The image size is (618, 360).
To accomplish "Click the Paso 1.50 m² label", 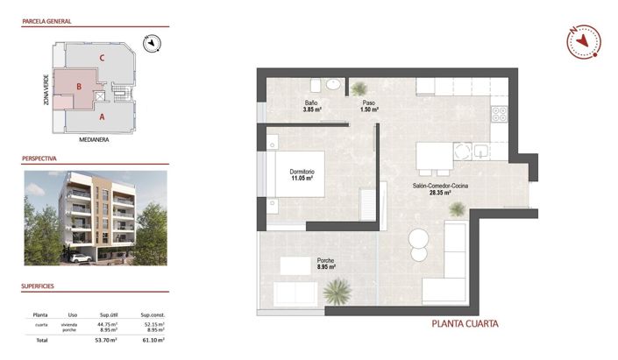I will point(369,106).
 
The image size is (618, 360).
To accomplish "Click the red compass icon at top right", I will point(581,40).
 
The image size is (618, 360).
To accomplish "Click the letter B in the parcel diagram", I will point(80,87).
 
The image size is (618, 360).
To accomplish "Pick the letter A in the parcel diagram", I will point(103,116).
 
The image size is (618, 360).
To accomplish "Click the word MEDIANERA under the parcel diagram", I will point(93,139).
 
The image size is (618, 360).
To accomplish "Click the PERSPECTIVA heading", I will point(40,160).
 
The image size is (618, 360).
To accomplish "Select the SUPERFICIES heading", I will point(39,286).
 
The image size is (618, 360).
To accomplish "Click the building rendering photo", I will point(96,216).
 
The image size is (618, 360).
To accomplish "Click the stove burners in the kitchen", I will point(499,114).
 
